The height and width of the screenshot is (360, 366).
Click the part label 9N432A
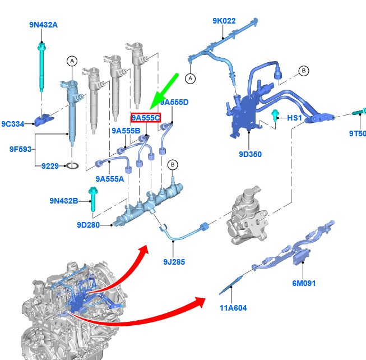pos(43,25)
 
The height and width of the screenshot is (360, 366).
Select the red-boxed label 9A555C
pos(146,118)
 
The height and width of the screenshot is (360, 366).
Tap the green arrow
pos(164,91)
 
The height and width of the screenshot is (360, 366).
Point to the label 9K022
pos(224,21)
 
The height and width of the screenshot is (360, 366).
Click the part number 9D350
pos(250,154)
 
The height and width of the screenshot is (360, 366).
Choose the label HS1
pos(294,118)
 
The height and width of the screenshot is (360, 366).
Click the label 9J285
pos(174,262)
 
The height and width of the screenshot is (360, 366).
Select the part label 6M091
pos(304,283)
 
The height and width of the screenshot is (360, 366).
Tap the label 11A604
pos(233,308)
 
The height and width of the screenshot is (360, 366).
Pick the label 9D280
pos(88,225)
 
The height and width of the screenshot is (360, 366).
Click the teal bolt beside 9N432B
pos(93,199)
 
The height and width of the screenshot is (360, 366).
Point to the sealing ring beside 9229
pos(72,166)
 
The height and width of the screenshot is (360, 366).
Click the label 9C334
pos(13,124)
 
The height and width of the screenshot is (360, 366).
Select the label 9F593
pos(20,149)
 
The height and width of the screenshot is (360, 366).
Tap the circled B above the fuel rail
pos(173,165)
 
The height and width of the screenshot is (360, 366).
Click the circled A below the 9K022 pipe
pos(191,79)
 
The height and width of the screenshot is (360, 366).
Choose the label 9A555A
pos(110,179)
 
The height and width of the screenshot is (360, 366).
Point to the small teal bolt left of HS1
pos(275,115)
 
